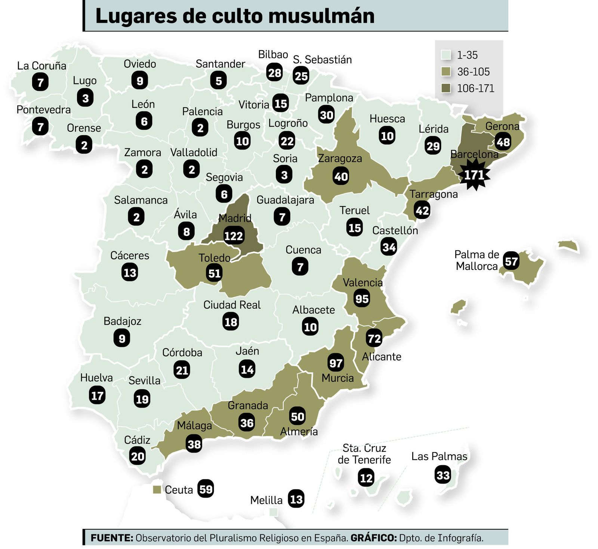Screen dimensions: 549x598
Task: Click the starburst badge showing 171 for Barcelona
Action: [474, 175]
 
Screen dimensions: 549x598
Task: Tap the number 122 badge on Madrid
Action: [234, 236]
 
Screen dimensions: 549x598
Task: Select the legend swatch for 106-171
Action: [446, 88]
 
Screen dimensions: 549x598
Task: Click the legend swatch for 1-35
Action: [446, 55]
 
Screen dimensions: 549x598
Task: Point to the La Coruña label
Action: [41, 66]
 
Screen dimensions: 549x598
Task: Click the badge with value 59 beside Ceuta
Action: [206, 489]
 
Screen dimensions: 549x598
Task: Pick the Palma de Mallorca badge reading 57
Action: [511, 261]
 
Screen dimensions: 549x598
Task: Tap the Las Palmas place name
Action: [439, 456]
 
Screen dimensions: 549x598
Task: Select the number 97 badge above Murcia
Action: [336, 363]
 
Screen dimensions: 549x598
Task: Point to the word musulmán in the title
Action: [321, 16]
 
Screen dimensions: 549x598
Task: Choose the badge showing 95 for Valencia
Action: [362, 299]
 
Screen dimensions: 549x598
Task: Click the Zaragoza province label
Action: [340, 159]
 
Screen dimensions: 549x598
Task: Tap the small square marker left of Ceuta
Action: [157, 490]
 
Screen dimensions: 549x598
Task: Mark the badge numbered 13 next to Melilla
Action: [296, 499]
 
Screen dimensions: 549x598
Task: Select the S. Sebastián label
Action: [322, 59]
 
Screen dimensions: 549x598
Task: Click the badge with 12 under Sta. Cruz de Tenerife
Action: [366, 478]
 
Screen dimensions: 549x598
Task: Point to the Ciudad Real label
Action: [232, 305]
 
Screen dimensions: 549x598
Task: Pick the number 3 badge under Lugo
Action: [85, 98]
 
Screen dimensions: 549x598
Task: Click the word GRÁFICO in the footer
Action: [373, 538]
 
